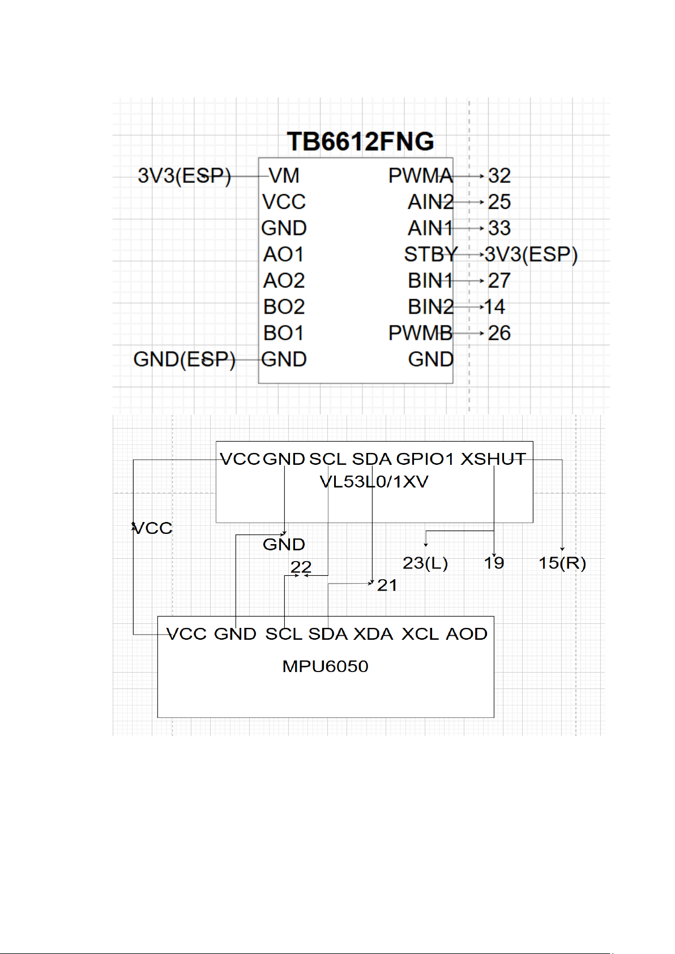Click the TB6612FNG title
tap(360, 142)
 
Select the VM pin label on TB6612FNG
tap(284, 176)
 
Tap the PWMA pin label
tap(420, 176)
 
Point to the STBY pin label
tap(430, 254)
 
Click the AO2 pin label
tap(284, 280)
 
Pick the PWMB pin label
tap(420, 333)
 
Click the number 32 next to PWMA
tap(499, 176)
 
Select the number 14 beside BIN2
tap(494, 307)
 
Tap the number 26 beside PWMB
tap(499, 333)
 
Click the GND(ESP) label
tap(184, 359)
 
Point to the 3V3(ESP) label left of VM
tap(184, 176)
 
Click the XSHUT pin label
tap(493, 459)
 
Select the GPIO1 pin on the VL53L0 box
tap(425, 459)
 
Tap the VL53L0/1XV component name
tap(374, 482)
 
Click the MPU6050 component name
tap(325, 666)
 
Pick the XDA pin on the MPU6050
tap(373, 634)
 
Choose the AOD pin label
tap(467, 634)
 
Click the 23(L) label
tap(425, 563)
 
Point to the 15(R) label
tap(562, 563)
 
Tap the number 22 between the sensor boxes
tap(301, 567)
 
